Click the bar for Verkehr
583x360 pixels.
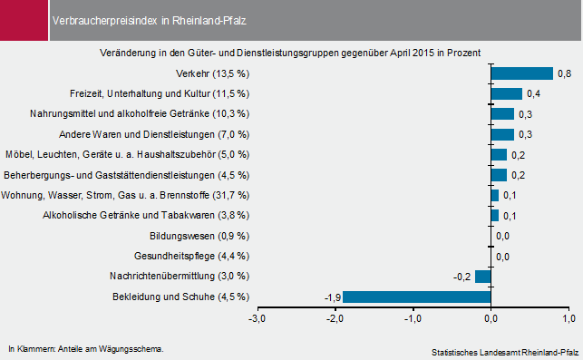click(521, 73)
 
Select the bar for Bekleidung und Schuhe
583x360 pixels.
click(416, 297)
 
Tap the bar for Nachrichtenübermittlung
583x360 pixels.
click(482, 277)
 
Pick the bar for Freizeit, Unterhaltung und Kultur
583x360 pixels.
click(506, 93)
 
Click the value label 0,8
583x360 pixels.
click(563, 73)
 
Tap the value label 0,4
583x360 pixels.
click(533, 93)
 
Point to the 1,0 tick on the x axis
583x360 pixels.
click(569, 317)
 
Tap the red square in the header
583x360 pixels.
click(22, 19)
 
